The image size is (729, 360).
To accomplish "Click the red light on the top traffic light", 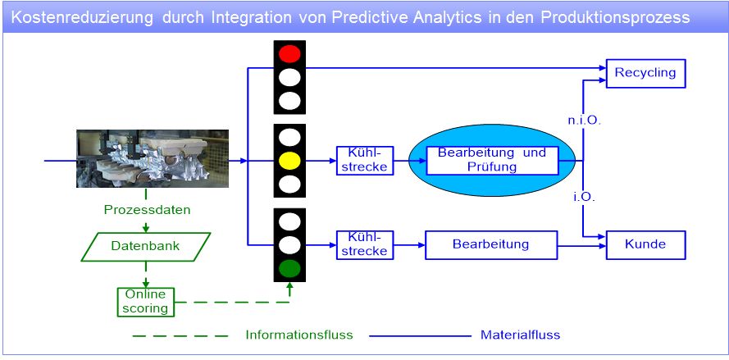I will (289, 55).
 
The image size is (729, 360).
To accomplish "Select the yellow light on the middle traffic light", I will (289, 161).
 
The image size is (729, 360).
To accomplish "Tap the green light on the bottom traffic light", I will (289, 267).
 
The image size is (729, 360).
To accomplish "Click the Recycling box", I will (645, 72).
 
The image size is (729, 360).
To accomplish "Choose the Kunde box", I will (645, 244).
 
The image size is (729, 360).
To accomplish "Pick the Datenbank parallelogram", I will (146, 246).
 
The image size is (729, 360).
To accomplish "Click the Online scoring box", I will (146, 301).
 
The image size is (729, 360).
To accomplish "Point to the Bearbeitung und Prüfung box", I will (492, 160).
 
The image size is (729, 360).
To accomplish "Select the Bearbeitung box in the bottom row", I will (491, 244).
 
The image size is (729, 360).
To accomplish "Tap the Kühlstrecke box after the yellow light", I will (364, 161).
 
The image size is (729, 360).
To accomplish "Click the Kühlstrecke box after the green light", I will (364, 244).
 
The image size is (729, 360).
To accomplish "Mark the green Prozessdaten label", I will (147, 210).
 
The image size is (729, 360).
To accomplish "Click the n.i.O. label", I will (585, 121).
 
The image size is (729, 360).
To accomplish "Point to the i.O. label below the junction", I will (584, 197).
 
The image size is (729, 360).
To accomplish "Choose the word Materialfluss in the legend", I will (520, 335).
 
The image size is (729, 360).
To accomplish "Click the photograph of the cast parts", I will (153, 159).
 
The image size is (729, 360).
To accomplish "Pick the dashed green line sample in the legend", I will (180, 335).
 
